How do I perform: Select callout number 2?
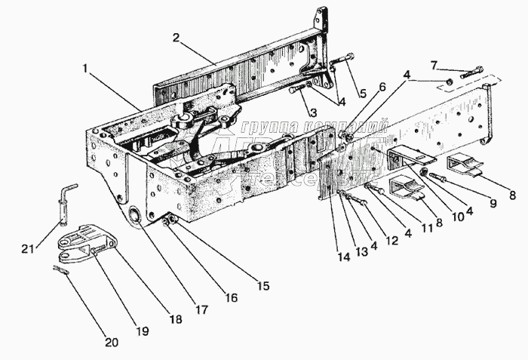(x=175, y=37)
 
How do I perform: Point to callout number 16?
(x=231, y=298)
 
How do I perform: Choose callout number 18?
(x=174, y=319)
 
